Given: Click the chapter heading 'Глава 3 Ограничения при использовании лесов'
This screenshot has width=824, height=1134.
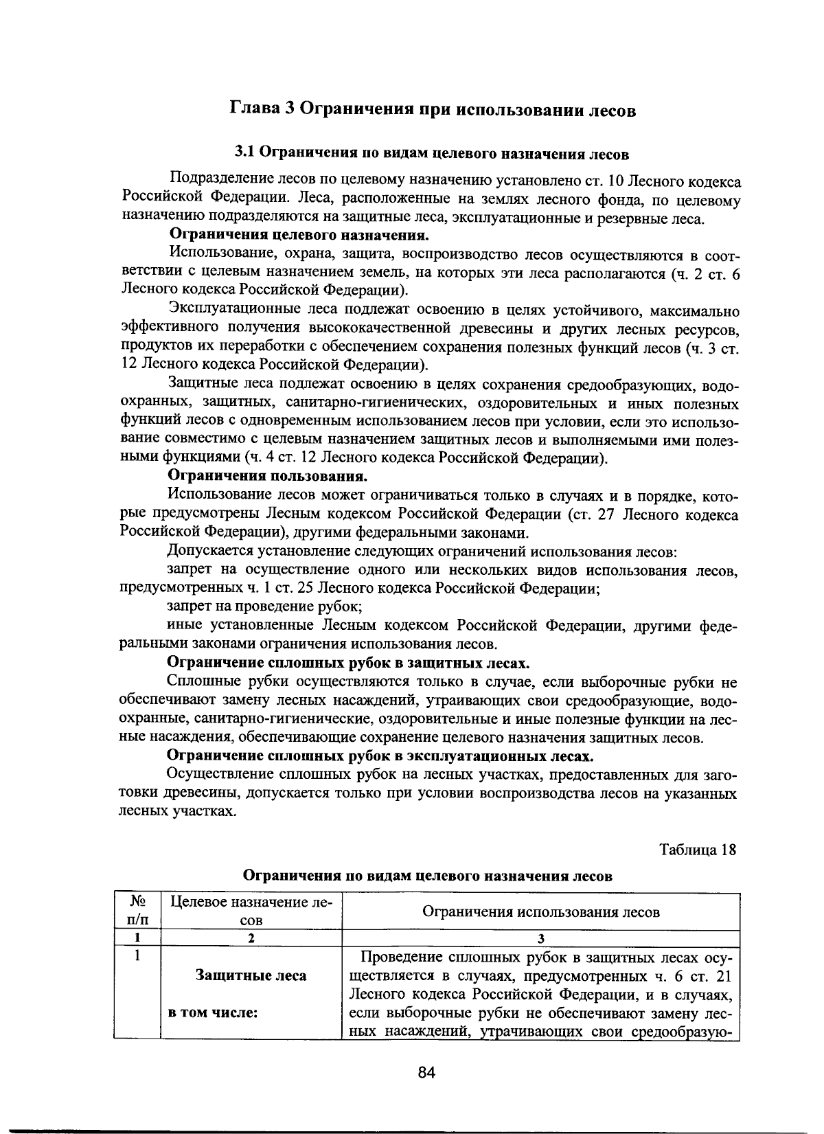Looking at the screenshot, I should pyautogui.click(x=432, y=110).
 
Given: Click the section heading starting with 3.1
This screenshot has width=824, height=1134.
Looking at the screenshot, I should pyautogui.click(x=432, y=152).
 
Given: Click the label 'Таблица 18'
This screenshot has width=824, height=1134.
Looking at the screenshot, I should pyautogui.click(x=698, y=850).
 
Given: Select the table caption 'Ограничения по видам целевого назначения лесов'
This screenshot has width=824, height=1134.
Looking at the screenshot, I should pyautogui.click(x=428, y=876).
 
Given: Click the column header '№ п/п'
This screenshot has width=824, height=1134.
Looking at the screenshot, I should pyautogui.click(x=138, y=911).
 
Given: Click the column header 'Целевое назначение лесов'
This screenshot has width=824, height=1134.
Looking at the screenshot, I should pyautogui.click(x=251, y=911).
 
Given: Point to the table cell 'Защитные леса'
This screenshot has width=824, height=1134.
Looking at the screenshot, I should pyautogui.click(x=251, y=975).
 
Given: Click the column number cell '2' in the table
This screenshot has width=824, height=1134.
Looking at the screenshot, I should pyautogui.click(x=251, y=939).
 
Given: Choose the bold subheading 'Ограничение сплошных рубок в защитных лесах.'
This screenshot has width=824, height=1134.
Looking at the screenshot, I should pyautogui.click(x=349, y=663).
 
